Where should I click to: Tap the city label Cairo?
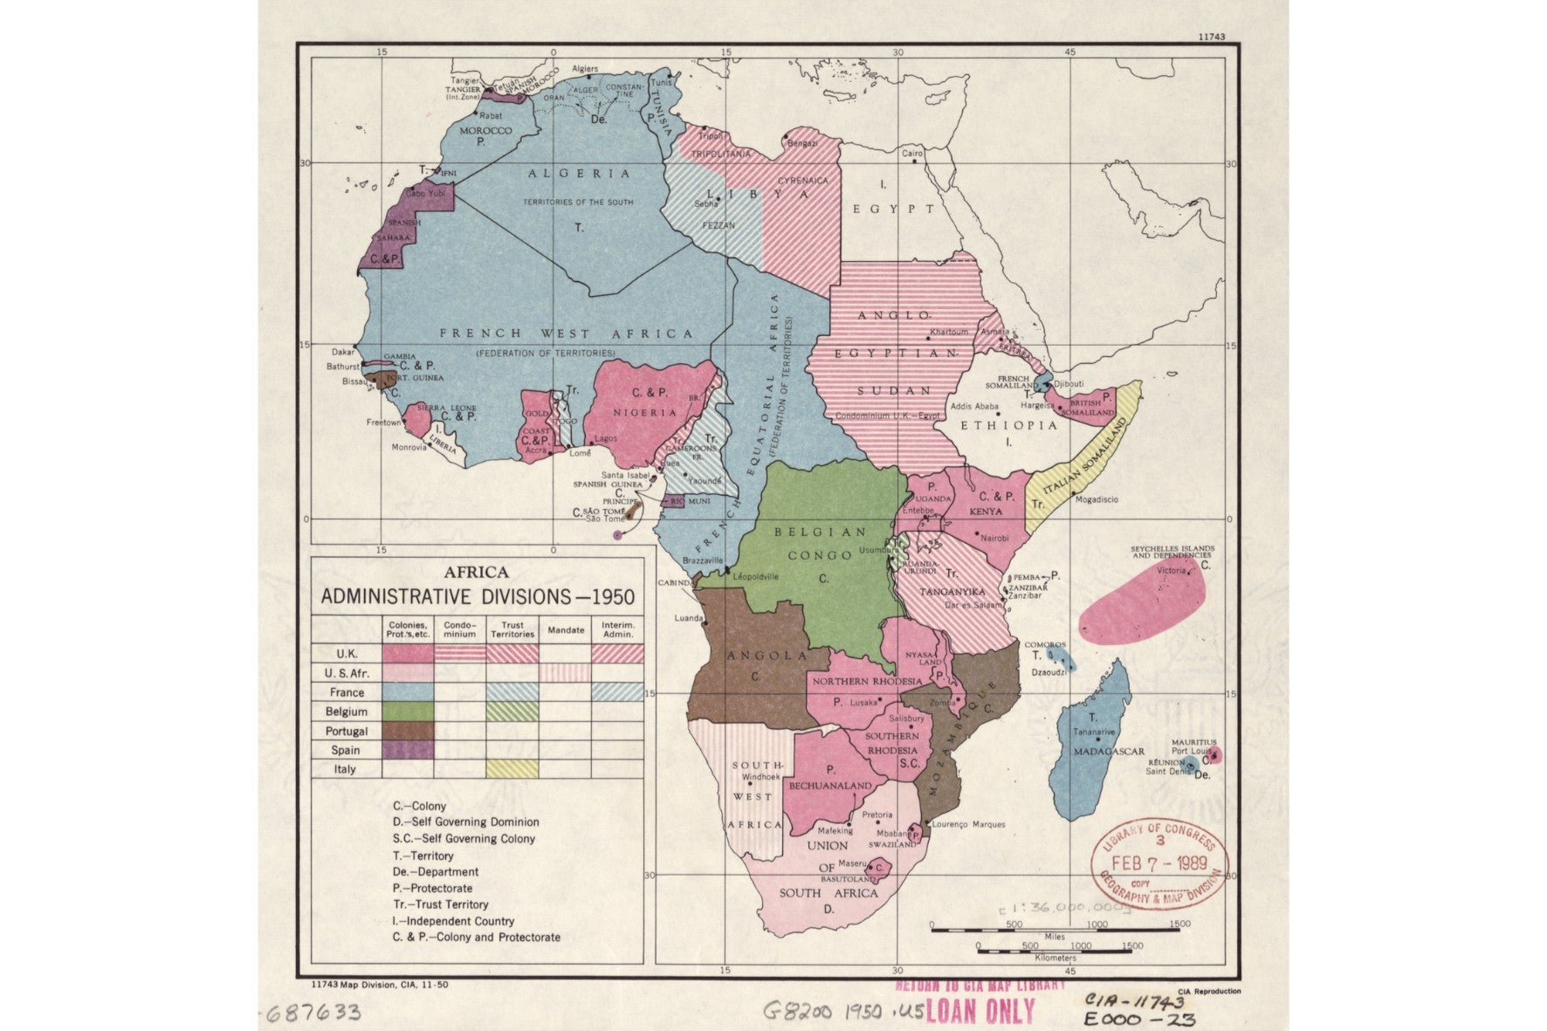point(911,153)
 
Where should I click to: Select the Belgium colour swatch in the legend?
point(407,711)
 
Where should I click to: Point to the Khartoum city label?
point(949,332)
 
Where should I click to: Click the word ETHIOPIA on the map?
point(1008,425)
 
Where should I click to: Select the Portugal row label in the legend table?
point(347,732)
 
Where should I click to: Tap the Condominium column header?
point(460,629)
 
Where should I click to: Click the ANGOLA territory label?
point(756,656)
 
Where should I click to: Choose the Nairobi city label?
point(994,538)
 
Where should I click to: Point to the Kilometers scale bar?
point(1055,947)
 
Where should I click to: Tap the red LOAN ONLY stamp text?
point(980,1011)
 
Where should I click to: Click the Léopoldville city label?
point(755,576)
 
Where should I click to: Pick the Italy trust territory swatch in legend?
point(512,769)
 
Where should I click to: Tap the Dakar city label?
point(343,352)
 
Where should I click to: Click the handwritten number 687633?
point(313,1013)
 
